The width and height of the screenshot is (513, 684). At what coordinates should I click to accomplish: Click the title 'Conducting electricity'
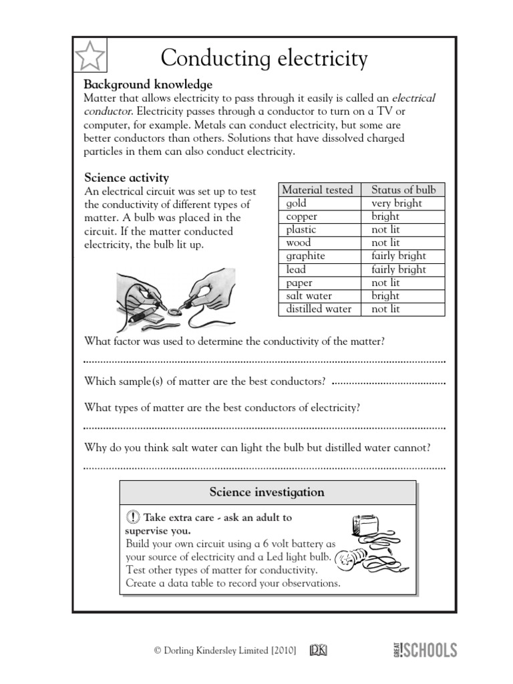click(x=264, y=59)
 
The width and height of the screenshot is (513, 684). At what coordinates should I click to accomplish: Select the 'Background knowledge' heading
click(x=148, y=85)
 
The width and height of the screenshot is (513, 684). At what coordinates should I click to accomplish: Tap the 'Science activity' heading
click(x=126, y=177)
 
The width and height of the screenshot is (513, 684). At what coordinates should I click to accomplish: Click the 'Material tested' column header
click(x=317, y=190)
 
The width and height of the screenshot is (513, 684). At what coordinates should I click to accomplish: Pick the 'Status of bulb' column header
click(x=403, y=190)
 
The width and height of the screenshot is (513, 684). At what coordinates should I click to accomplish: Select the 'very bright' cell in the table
click(x=397, y=203)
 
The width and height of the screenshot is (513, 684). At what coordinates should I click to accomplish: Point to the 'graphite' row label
click(x=305, y=256)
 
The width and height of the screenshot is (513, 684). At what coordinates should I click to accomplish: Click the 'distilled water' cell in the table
click(x=319, y=309)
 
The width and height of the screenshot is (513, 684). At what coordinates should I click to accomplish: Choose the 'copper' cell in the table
click(x=301, y=216)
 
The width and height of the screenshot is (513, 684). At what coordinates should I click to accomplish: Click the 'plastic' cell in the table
click(x=301, y=229)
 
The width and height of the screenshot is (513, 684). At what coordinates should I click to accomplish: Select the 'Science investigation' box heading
click(x=267, y=492)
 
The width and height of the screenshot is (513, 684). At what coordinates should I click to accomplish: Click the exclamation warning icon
click(x=132, y=518)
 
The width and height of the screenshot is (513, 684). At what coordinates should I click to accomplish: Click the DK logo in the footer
click(x=318, y=650)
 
